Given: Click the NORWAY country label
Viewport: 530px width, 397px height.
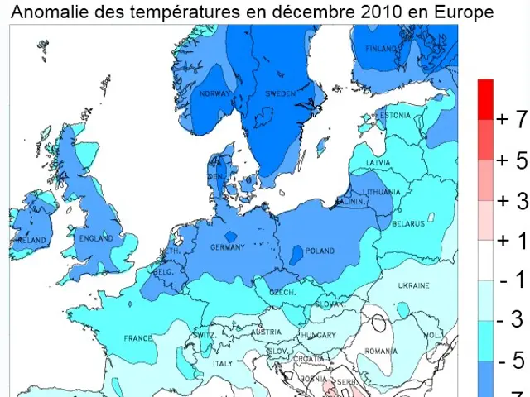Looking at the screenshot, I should tap(214, 94).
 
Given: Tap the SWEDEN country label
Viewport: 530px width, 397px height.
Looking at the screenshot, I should tap(280, 94).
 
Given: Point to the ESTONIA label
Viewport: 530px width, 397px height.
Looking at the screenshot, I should tap(393, 116).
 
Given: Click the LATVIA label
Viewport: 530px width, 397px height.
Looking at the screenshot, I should tap(379, 162).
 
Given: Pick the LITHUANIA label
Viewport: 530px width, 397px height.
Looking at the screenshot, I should tap(382, 191).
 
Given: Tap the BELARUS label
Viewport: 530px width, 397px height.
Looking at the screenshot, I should tap(408, 223).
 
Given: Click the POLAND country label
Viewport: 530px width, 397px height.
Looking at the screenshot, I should tap(320, 251).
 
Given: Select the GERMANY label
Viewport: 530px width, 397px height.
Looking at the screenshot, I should tap(229, 248).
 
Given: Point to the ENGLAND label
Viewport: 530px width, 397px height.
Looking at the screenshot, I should tap(94, 238).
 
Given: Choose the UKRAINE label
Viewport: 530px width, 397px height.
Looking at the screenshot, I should tap(413, 285).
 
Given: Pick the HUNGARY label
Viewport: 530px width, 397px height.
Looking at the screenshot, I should tap(318, 335).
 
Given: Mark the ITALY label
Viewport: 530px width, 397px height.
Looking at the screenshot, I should tap(223, 363).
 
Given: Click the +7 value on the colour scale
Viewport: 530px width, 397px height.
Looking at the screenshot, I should tap(511, 118).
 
